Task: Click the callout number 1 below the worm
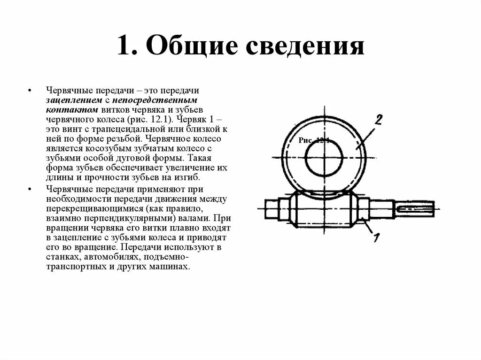click(375, 237)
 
